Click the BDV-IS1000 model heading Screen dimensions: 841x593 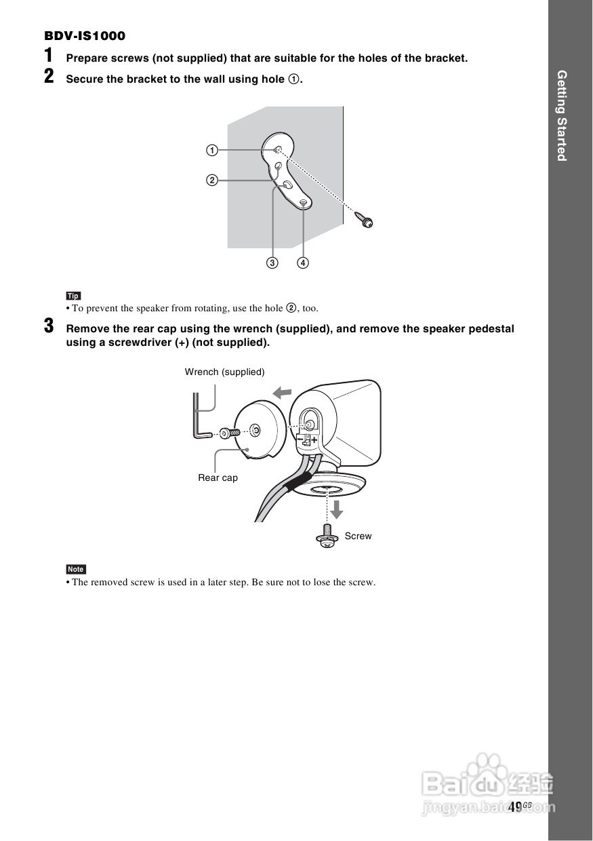click(85, 36)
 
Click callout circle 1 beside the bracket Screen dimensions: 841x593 click(212, 150)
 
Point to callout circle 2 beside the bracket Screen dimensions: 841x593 click(212, 180)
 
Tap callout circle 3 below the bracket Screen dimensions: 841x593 click(272, 262)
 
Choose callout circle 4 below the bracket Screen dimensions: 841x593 click(302, 262)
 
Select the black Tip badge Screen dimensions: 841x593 click(73, 296)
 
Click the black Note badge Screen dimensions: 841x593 click(76, 569)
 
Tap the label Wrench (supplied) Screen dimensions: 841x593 click(224, 372)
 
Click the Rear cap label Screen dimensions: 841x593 click(218, 477)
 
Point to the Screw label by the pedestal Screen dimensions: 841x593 click(358, 536)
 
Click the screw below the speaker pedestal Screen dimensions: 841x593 click(327, 536)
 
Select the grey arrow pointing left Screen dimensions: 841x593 click(281, 391)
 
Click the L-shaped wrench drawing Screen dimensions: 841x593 click(198, 417)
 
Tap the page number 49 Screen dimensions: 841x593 click(514, 806)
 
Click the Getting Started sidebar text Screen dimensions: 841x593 click(561, 115)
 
